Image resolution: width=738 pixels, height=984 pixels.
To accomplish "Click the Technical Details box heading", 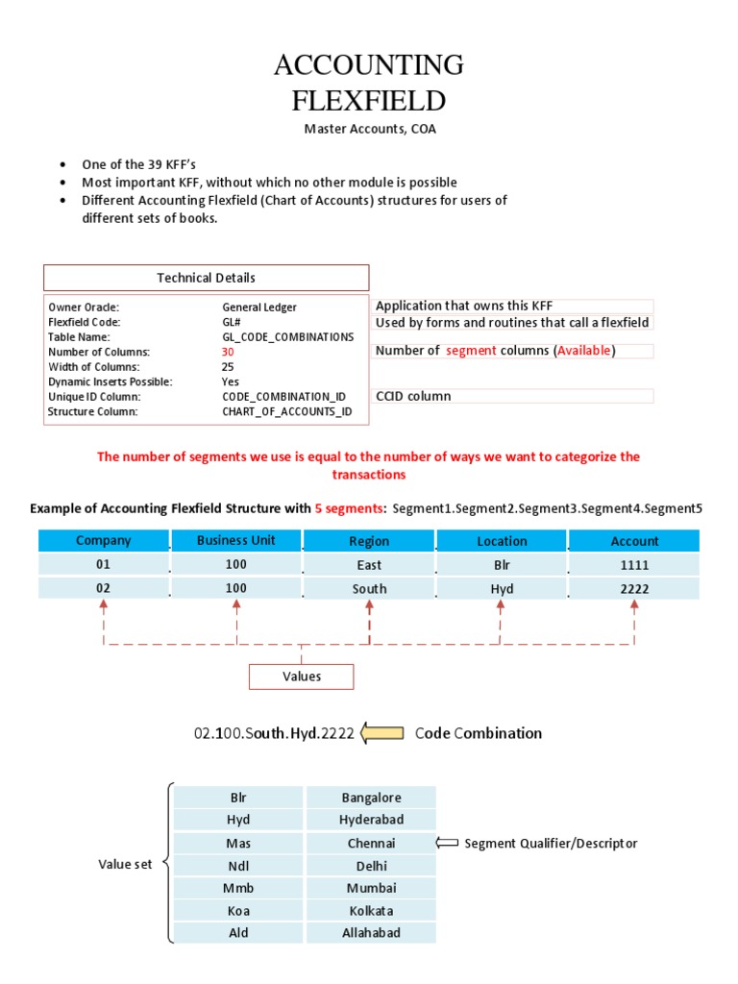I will pyautogui.click(x=207, y=278).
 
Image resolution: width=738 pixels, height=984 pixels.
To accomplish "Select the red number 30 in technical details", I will pyautogui.click(x=228, y=352).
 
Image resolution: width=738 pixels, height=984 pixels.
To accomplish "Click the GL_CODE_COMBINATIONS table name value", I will pyautogui.click(x=287, y=337).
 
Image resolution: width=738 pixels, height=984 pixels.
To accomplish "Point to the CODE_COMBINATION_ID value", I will pyautogui.click(x=283, y=396).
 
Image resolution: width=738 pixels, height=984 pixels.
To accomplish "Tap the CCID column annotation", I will pyautogui.click(x=413, y=396).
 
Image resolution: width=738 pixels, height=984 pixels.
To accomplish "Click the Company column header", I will pyautogui.click(x=104, y=540).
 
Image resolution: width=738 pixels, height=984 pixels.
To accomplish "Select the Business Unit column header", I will pyautogui.click(x=235, y=540).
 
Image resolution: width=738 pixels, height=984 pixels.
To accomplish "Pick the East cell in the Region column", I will pyautogui.click(x=369, y=565).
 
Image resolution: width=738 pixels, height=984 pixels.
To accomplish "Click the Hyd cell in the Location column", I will pyautogui.click(x=502, y=588).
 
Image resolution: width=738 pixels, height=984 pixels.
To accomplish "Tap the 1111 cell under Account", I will pyautogui.click(x=634, y=565).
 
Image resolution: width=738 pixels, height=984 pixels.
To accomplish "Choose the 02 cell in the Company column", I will pyautogui.click(x=104, y=588).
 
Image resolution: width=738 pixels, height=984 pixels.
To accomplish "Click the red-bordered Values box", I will pyautogui.click(x=302, y=676).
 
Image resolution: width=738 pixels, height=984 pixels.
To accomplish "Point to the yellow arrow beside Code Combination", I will pyautogui.click(x=382, y=733).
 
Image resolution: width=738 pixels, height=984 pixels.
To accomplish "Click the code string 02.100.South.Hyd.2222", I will pyautogui.click(x=274, y=733).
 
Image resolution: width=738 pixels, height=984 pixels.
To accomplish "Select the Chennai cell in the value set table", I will pyautogui.click(x=371, y=843).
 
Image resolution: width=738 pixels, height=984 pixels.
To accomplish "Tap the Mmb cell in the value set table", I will pyautogui.click(x=238, y=888).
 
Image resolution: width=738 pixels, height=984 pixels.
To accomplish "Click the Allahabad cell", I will pyautogui.click(x=371, y=932).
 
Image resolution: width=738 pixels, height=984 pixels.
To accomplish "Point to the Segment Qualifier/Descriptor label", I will pyautogui.click(x=551, y=844).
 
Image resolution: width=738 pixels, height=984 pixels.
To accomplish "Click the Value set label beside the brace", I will pyautogui.click(x=125, y=864).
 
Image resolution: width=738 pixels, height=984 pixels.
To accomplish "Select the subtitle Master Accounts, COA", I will pyautogui.click(x=369, y=129).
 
